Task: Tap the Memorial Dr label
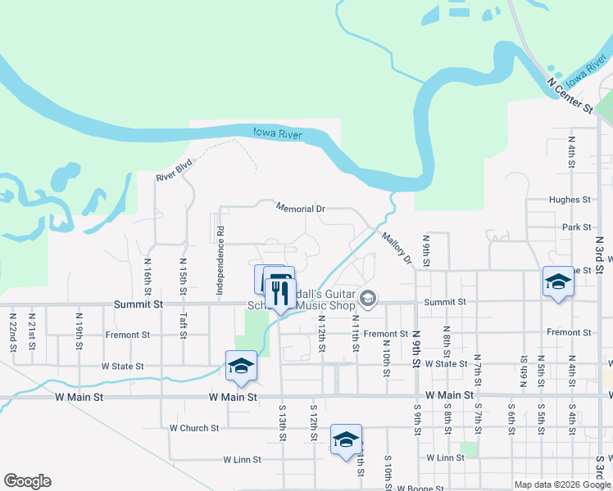pyautogui.click(x=301, y=209)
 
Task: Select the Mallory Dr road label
pyautogui.click(x=396, y=248)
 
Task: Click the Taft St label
pyautogui.click(x=184, y=280)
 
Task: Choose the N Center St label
pyautogui.click(x=570, y=95)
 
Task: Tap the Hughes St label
pyautogui.click(x=570, y=200)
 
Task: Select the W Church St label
pyautogui.click(x=194, y=428)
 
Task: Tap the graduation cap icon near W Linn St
pyautogui.click(x=346, y=439)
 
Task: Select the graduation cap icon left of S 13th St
pyautogui.click(x=241, y=366)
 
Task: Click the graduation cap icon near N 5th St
pyautogui.click(x=558, y=282)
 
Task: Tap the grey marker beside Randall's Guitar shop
pyautogui.click(x=368, y=299)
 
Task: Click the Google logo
pyautogui.click(x=27, y=481)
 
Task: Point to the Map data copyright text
pyautogui.click(x=562, y=484)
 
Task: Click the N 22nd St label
pyautogui.click(x=14, y=331)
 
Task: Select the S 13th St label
pyautogui.click(x=282, y=422)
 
